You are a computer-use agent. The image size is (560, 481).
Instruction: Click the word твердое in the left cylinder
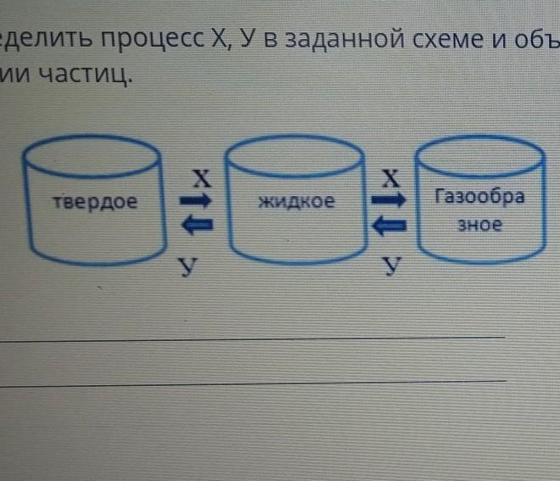click(x=93, y=203)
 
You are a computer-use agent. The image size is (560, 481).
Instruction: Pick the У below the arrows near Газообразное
click(x=391, y=266)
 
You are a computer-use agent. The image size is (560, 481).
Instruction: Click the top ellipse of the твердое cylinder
click(x=92, y=154)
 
